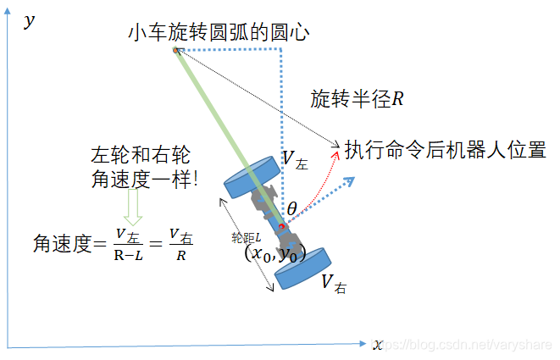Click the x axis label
[x=377, y=344]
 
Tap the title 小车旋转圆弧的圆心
[x=219, y=34]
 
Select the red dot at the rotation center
[x=176, y=52]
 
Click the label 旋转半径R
[x=357, y=98]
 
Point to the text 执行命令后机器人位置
[x=444, y=150]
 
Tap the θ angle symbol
[x=292, y=208]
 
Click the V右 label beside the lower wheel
[x=333, y=284]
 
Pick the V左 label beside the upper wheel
[x=295, y=158]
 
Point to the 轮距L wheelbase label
[x=245, y=239]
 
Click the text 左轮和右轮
[x=140, y=155]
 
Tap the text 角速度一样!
[x=143, y=179]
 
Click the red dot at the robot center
[x=283, y=226]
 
